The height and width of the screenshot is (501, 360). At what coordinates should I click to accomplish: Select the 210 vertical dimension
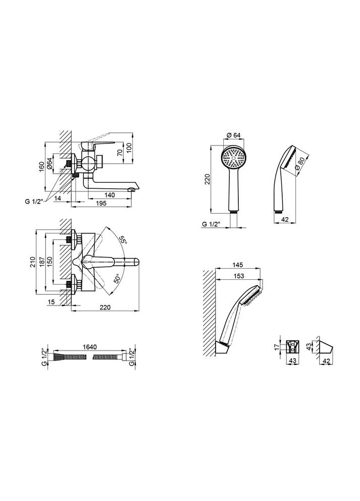[x=34, y=262]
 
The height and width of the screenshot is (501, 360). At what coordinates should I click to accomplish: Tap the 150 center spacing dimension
[x=49, y=262]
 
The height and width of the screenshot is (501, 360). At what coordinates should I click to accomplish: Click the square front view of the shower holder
[x=291, y=347]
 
